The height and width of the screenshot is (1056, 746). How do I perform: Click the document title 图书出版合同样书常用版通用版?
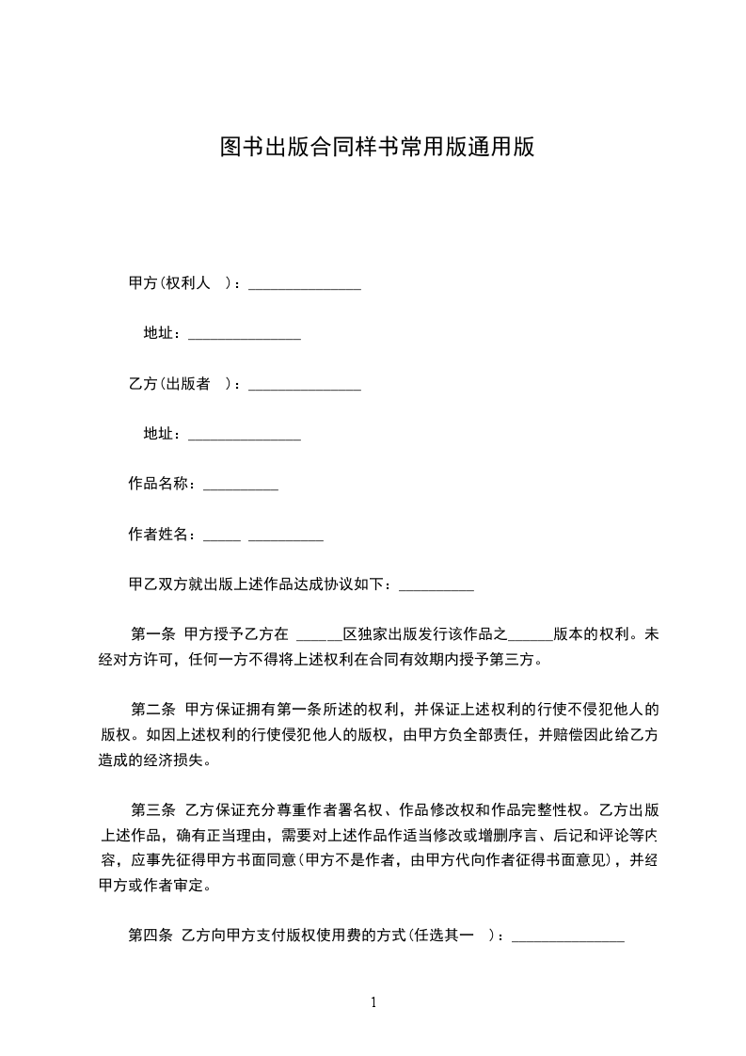(x=376, y=148)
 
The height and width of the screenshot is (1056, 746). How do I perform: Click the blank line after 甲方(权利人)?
(x=305, y=287)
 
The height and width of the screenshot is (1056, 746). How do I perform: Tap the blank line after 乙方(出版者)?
(x=305, y=387)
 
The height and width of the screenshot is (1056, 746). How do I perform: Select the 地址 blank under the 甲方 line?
(x=245, y=337)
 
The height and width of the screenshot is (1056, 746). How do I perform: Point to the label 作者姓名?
(x=161, y=535)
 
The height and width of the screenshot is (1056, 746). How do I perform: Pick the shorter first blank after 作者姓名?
(x=222, y=539)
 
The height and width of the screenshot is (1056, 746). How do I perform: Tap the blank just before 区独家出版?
(x=318, y=638)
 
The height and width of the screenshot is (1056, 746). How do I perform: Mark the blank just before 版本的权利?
(x=530, y=638)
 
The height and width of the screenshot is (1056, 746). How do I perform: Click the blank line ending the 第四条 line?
(x=567, y=939)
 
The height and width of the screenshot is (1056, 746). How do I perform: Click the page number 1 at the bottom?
(x=373, y=1001)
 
